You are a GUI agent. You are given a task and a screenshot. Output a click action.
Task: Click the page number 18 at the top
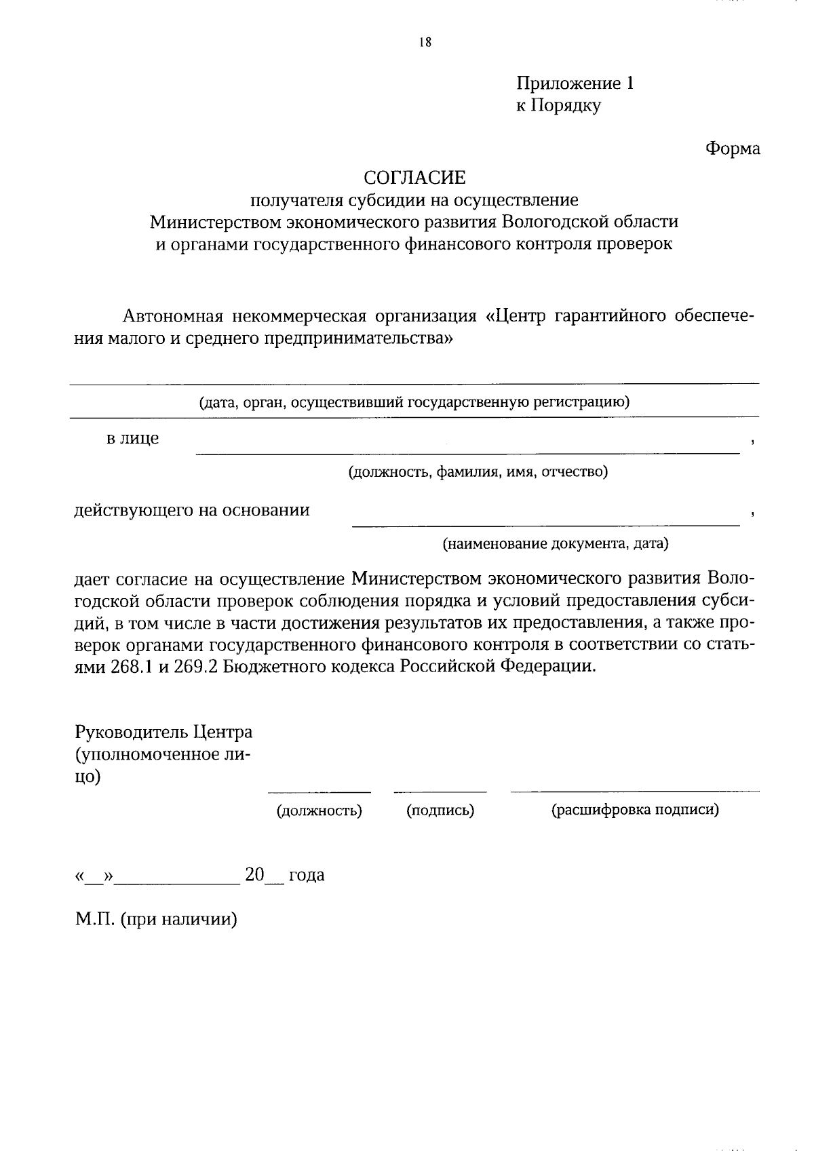pyautogui.click(x=425, y=43)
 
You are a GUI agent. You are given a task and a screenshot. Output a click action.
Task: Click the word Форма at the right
pyautogui.click(x=733, y=149)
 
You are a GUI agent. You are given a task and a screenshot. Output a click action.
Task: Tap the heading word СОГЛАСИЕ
pyautogui.click(x=414, y=178)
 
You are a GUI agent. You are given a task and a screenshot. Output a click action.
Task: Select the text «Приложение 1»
pyautogui.click(x=575, y=84)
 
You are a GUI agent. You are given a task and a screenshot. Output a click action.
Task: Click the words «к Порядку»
pyautogui.click(x=558, y=106)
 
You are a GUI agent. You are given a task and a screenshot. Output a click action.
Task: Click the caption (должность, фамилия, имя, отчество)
pyautogui.click(x=478, y=471)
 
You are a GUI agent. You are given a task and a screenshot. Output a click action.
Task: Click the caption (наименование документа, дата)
pyautogui.click(x=555, y=543)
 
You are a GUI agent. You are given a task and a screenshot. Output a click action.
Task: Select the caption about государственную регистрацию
pyautogui.click(x=414, y=402)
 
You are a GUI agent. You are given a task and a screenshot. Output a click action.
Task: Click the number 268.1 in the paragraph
pyautogui.click(x=132, y=666)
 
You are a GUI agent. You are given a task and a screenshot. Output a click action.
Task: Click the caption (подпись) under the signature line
pyautogui.click(x=440, y=810)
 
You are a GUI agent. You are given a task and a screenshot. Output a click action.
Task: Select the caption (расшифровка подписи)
pyautogui.click(x=634, y=810)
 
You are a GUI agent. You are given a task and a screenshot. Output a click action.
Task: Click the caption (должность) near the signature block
pyautogui.click(x=319, y=811)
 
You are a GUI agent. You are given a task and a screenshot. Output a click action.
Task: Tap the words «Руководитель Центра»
pyautogui.click(x=163, y=733)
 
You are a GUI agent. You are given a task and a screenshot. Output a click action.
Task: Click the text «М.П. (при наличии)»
pyautogui.click(x=156, y=920)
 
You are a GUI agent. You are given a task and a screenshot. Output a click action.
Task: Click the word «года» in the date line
pyautogui.click(x=307, y=875)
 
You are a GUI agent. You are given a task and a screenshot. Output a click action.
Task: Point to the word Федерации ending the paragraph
pyautogui.click(x=549, y=666)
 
